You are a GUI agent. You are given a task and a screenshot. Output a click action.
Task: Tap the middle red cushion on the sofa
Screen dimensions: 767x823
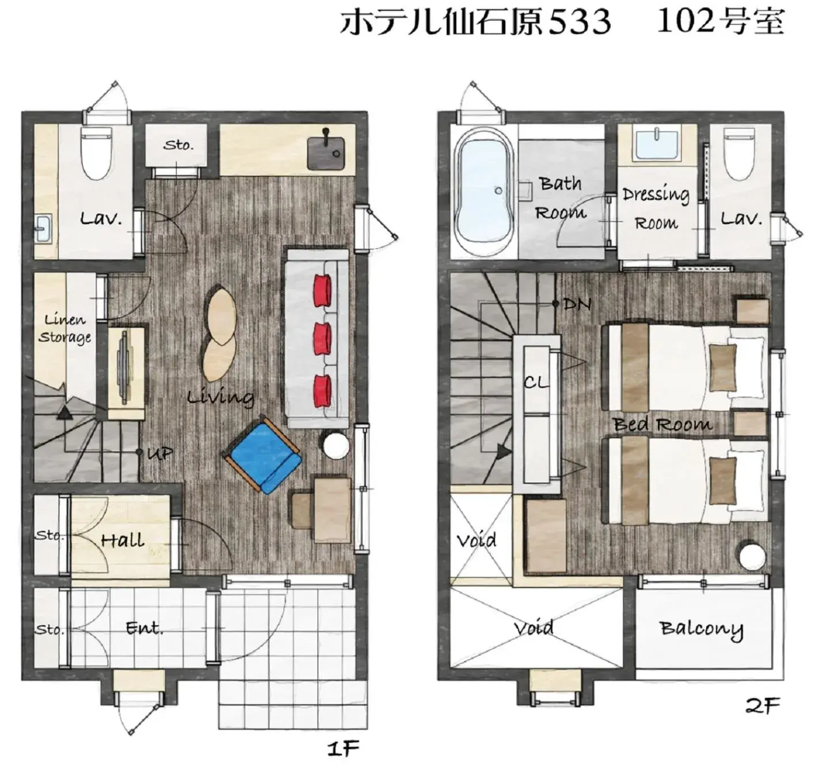click(x=323, y=339)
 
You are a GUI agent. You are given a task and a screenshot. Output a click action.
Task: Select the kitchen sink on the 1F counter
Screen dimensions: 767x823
click(x=326, y=153)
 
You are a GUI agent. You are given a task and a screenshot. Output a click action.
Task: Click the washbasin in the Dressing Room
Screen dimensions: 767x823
click(x=656, y=144)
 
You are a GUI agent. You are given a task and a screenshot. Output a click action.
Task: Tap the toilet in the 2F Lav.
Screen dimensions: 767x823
click(x=739, y=153)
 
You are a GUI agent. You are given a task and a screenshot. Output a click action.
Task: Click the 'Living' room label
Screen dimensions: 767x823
click(x=220, y=397)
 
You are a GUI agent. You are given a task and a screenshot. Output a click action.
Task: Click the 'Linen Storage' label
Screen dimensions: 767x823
click(x=64, y=328)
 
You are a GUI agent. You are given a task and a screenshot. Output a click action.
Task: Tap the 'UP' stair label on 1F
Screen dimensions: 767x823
click(x=159, y=453)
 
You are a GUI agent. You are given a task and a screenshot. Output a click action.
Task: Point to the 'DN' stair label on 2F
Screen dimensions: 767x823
click(x=577, y=303)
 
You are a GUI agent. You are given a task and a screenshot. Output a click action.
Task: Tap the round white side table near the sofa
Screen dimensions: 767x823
click(x=335, y=446)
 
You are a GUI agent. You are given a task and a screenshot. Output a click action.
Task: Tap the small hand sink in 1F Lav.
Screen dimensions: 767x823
click(x=43, y=229)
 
